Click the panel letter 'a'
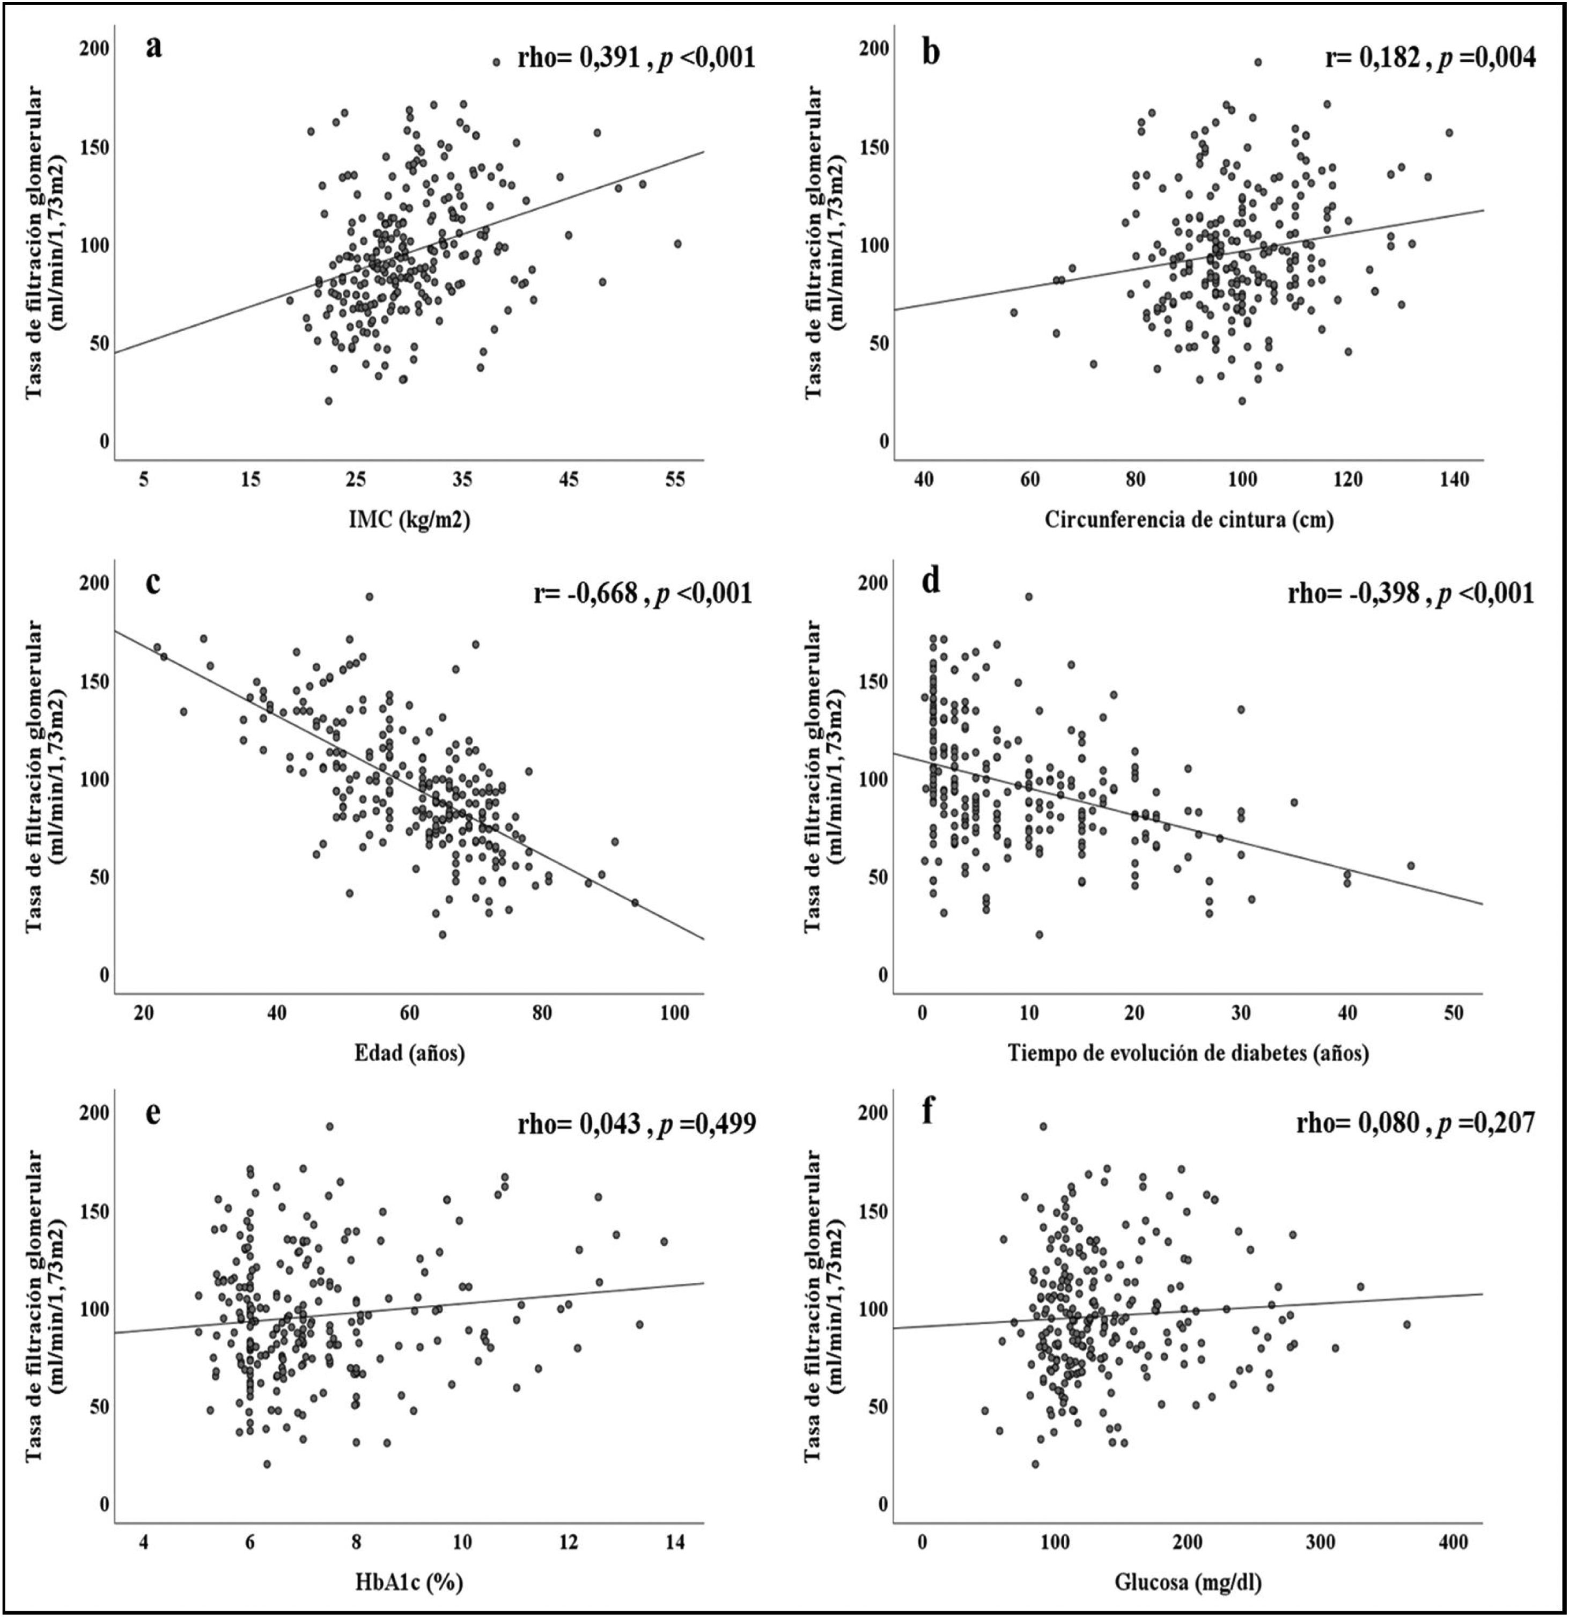pyautogui.click(x=153, y=47)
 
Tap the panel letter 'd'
pyautogui.click(x=931, y=583)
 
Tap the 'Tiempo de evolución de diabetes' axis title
pyautogui.click(x=1189, y=1054)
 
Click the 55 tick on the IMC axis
pyautogui.click(x=676, y=479)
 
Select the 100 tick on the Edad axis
pyautogui.click(x=676, y=1012)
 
